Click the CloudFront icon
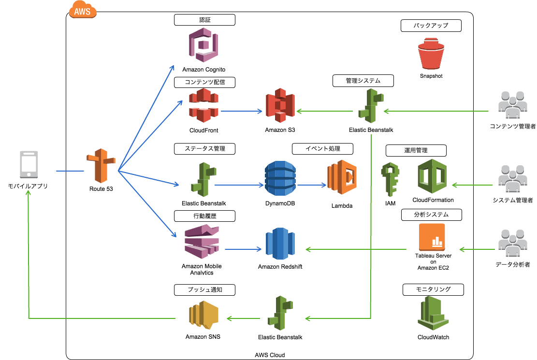click(203, 105)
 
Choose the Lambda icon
click(342, 177)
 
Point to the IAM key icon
click(390, 179)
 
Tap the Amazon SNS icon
click(203, 315)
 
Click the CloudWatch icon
click(433, 313)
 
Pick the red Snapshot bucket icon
click(431, 55)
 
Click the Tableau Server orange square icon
click(432, 237)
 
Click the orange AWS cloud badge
click(83, 10)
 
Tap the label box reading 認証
click(204, 20)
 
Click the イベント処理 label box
click(322, 148)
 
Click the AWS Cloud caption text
click(270, 355)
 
